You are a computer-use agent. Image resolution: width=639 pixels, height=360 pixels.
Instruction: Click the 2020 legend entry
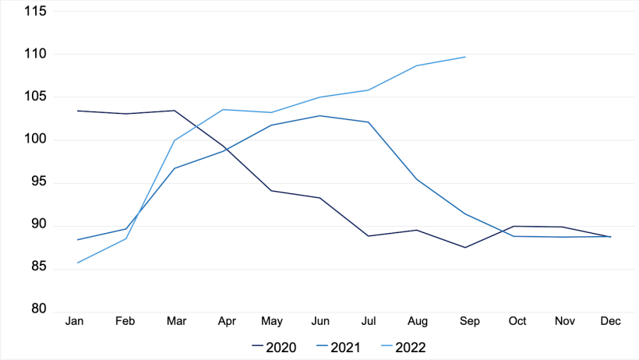(x=274, y=347)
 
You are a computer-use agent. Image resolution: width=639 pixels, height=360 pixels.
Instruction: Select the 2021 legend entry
(x=340, y=347)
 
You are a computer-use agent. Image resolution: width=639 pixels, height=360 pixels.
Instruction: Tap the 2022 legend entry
(x=406, y=347)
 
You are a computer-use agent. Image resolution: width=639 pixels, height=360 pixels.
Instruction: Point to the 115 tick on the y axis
(x=35, y=12)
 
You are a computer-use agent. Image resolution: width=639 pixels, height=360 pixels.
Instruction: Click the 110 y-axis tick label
(x=35, y=55)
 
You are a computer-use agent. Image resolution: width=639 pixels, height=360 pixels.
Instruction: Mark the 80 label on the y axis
(x=38, y=310)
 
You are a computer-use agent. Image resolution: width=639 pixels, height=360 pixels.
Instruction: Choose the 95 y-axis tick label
(x=38, y=182)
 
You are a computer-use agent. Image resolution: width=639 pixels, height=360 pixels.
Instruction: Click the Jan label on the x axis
(x=76, y=321)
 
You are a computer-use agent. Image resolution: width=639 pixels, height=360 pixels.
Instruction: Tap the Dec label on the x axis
(x=610, y=321)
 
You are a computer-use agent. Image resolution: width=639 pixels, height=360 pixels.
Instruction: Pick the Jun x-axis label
(x=319, y=321)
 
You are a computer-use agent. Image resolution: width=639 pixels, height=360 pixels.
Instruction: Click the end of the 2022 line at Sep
(x=465, y=57)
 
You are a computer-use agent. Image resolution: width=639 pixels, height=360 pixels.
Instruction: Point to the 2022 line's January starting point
(x=76, y=263)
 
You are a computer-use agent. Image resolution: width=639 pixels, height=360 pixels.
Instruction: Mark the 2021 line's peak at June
(x=319, y=115)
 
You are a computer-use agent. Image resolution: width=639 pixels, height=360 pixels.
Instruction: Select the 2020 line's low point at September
(x=465, y=247)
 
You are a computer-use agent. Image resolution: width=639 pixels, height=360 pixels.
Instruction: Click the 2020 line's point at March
(x=174, y=111)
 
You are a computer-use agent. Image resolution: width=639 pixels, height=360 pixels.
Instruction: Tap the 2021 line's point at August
(x=416, y=178)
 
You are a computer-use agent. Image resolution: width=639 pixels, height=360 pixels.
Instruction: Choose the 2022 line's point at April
(x=223, y=109)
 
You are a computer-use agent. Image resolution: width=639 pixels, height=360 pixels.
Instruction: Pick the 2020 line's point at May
(x=270, y=190)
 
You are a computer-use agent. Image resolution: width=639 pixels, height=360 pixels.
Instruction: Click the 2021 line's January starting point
(x=76, y=239)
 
